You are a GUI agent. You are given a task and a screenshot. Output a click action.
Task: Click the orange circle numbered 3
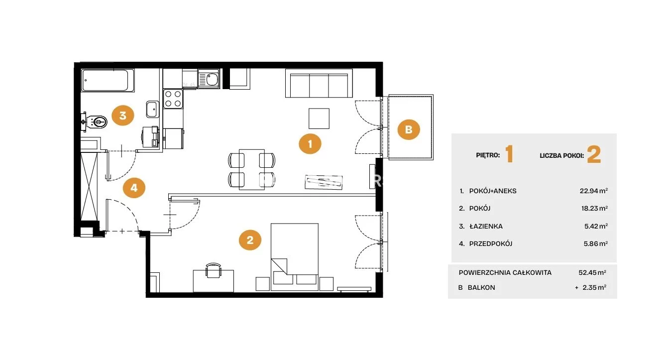pos(123,116)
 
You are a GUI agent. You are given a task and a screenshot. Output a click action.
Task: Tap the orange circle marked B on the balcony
pos(409,129)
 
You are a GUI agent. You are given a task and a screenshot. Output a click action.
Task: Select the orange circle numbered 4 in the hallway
pos(134,188)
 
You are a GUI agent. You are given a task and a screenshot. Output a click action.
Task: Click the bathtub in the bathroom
pos(108,81)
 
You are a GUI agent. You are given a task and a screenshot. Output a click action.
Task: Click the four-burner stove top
pos(173,99)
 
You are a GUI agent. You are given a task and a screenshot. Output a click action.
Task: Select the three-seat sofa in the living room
pos(319,83)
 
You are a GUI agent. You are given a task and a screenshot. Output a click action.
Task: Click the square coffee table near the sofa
pos(319,119)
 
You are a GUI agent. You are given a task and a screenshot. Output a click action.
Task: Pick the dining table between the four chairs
pos(252,169)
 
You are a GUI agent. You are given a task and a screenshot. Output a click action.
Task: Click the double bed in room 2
pos(295,257)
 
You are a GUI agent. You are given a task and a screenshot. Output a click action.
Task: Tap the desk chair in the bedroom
pos(214,270)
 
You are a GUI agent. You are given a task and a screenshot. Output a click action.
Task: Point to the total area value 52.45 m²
pos(592,272)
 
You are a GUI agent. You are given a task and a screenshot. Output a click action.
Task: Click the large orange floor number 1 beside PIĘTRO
pos(509,154)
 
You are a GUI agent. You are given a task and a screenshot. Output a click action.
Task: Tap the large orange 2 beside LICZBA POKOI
pos(594,154)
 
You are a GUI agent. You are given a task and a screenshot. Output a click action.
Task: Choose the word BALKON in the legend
pos(481,287)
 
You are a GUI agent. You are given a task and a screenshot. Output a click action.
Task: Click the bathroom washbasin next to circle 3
pos(153,109)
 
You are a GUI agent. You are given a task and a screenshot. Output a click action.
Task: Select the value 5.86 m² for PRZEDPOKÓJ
pos(596,244)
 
